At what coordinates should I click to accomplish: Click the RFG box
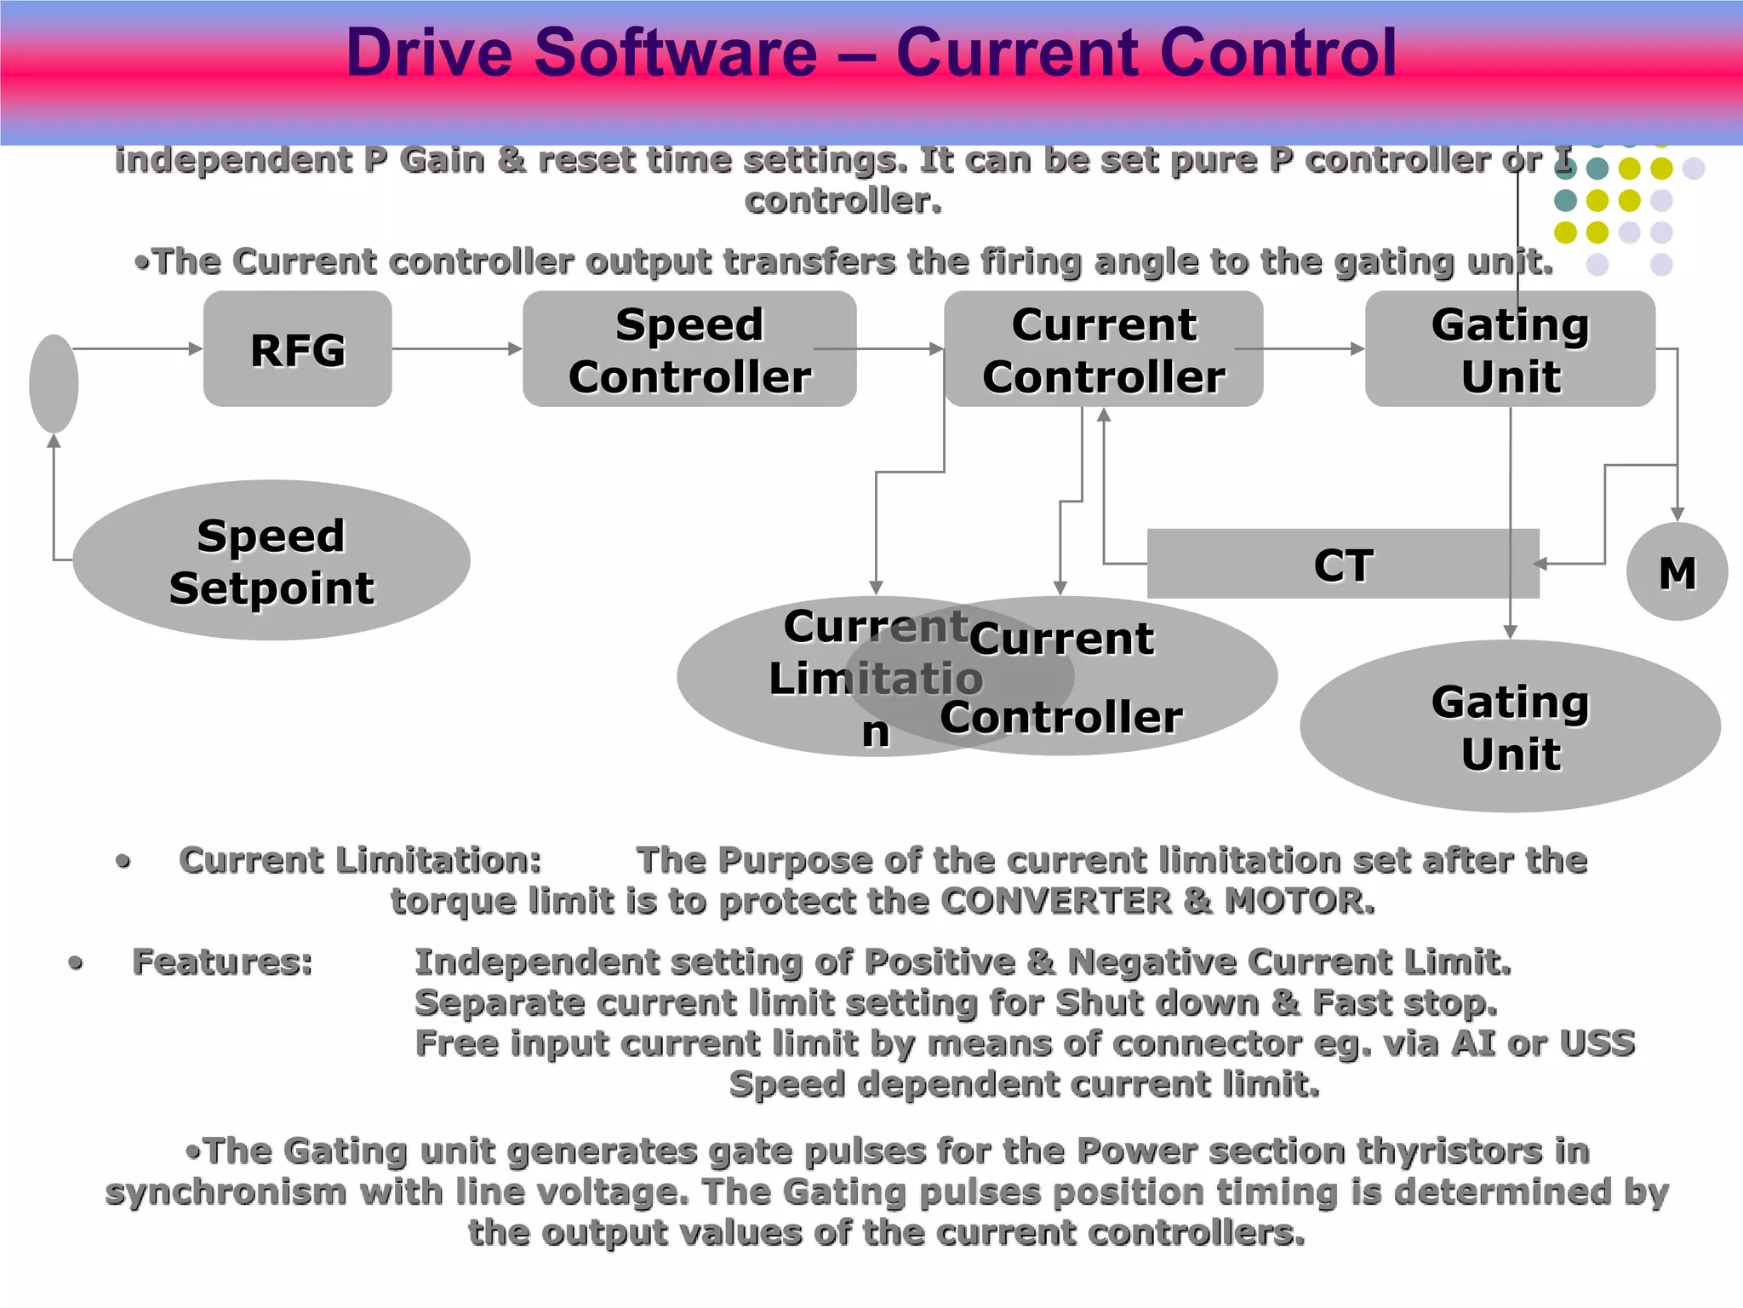click(x=297, y=349)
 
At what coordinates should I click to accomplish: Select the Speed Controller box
click(x=689, y=349)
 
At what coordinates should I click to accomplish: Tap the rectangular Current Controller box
click(x=1103, y=349)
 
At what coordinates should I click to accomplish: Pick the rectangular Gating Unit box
click(x=1510, y=349)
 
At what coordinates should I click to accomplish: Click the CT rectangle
click(x=1342, y=565)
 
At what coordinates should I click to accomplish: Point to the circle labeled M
click(x=1677, y=572)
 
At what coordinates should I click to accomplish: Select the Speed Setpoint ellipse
click(x=271, y=560)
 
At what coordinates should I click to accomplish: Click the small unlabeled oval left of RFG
click(x=54, y=383)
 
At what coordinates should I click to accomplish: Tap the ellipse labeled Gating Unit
click(x=1510, y=726)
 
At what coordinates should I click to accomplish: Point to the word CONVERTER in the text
click(x=1055, y=901)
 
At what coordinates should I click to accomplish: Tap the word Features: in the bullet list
click(x=223, y=962)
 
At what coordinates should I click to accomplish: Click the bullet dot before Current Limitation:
click(x=123, y=861)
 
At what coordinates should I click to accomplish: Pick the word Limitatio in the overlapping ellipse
click(x=876, y=679)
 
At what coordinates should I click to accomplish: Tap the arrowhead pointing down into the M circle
click(x=1677, y=514)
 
